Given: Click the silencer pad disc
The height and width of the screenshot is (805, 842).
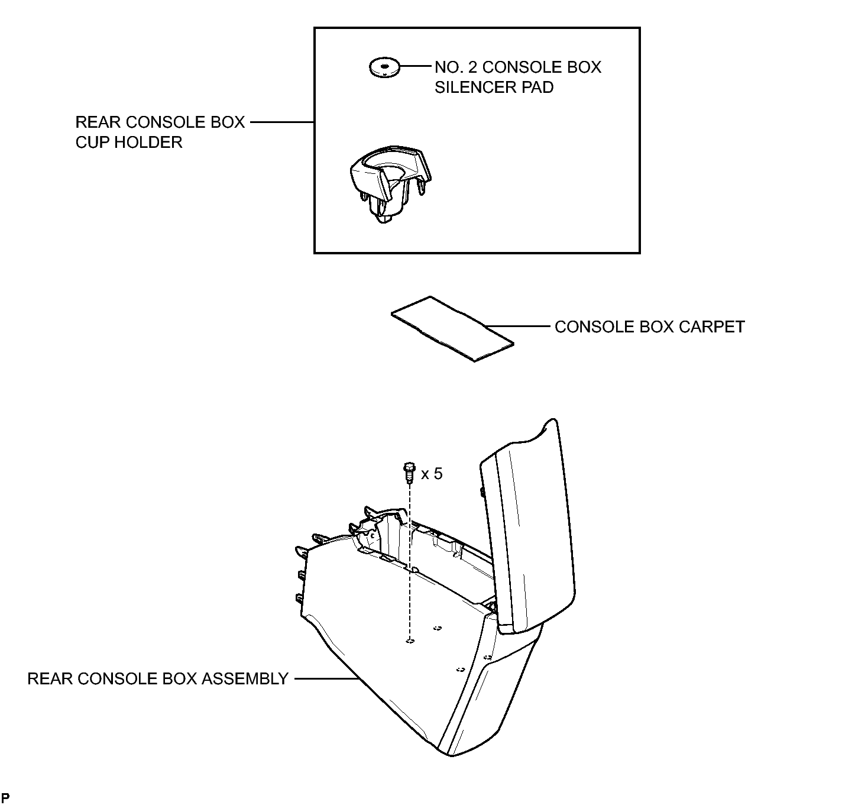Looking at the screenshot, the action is pyautogui.click(x=384, y=67).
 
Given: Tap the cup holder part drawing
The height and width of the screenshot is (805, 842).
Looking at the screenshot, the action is pyautogui.click(x=390, y=184).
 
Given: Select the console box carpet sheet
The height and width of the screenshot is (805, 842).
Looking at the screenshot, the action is pyautogui.click(x=452, y=329).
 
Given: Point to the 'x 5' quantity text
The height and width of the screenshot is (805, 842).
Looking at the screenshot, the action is pyautogui.click(x=432, y=474).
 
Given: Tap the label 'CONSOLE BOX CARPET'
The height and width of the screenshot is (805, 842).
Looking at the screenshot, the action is pyautogui.click(x=649, y=326).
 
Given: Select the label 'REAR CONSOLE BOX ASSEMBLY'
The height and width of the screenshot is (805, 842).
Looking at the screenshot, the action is pyautogui.click(x=157, y=678).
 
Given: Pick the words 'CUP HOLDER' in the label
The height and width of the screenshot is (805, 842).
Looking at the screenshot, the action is pyautogui.click(x=129, y=143).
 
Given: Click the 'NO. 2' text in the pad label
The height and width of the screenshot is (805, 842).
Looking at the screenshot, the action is pyautogui.click(x=456, y=67).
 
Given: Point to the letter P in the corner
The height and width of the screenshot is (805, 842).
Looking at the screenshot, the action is pyautogui.click(x=5, y=798).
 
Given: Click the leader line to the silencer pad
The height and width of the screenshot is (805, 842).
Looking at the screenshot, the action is pyautogui.click(x=415, y=67).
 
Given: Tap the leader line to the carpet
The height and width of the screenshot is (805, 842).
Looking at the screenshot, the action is pyautogui.click(x=517, y=326).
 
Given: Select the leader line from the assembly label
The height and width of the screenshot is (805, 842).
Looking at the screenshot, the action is pyautogui.click(x=326, y=678).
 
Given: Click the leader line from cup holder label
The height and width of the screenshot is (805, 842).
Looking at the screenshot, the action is pyautogui.click(x=282, y=122).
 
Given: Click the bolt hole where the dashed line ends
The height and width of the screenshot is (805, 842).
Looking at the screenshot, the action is pyautogui.click(x=410, y=641).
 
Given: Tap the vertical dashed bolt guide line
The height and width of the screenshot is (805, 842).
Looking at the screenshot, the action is pyautogui.click(x=409, y=562).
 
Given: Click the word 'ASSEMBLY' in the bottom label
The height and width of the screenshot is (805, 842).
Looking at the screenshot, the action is pyautogui.click(x=245, y=678).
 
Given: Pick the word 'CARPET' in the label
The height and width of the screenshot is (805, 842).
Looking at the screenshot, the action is pyautogui.click(x=712, y=326).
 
